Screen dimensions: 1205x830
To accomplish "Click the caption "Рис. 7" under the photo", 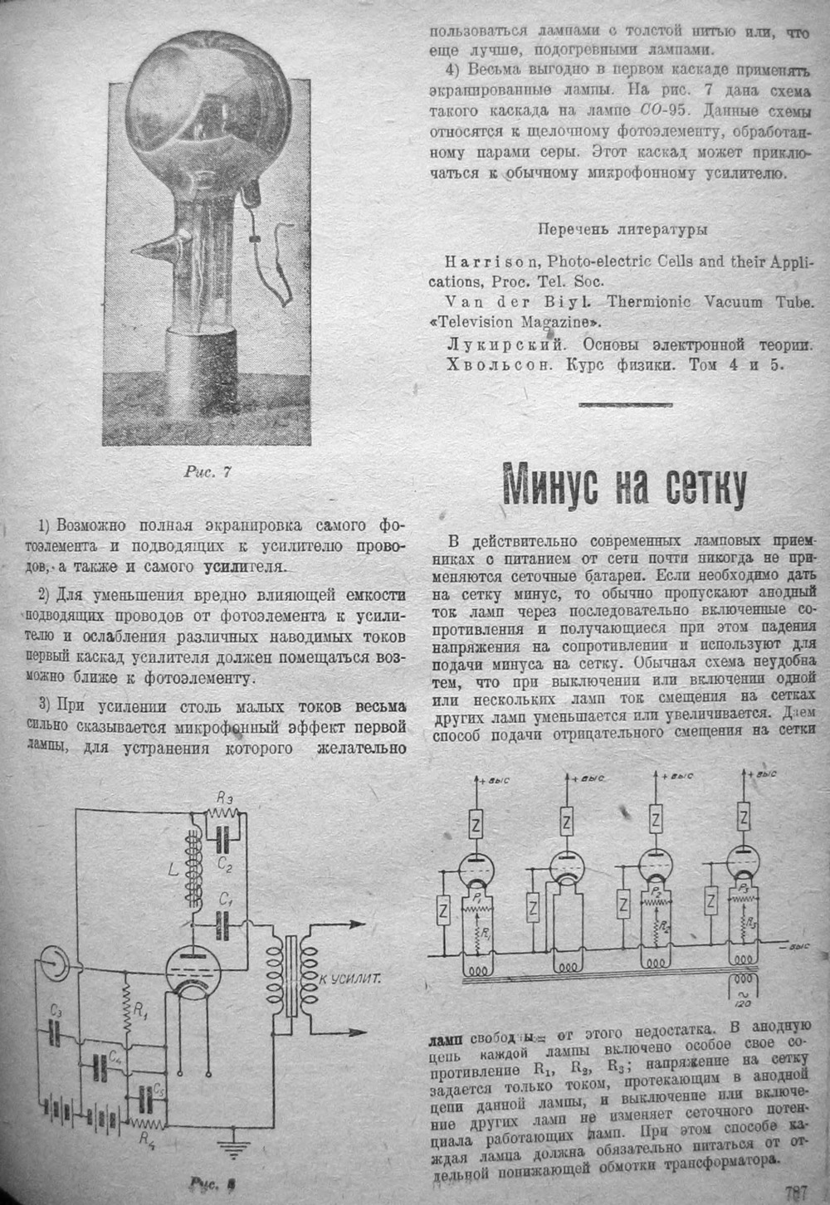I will [x=207, y=472].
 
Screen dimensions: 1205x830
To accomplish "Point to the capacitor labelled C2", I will [x=221, y=837].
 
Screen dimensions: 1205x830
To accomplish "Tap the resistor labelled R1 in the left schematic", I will [x=126, y=1011].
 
